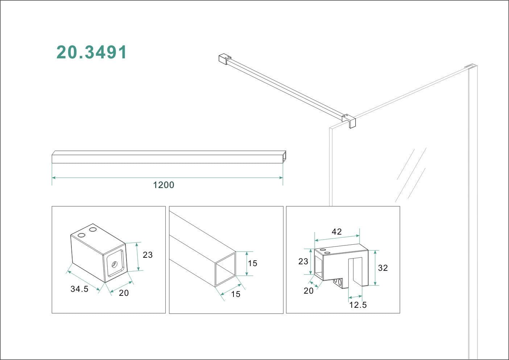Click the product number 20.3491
click(91, 53)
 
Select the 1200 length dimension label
click(164, 185)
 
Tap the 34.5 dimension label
click(79, 289)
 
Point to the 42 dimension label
click(336, 232)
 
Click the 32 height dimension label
click(383, 268)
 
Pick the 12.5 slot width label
click(358, 305)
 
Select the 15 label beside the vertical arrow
click(252, 263)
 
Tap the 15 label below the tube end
click(236, 294)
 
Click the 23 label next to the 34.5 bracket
click(148, 255)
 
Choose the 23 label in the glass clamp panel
click(303, 261)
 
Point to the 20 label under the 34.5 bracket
click(124, 293)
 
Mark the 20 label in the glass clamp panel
click(309, 291)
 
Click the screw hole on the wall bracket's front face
click(115, 264)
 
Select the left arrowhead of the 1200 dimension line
click(54, 178)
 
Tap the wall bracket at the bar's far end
click(224, 59)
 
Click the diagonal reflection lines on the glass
click(411, 174)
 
